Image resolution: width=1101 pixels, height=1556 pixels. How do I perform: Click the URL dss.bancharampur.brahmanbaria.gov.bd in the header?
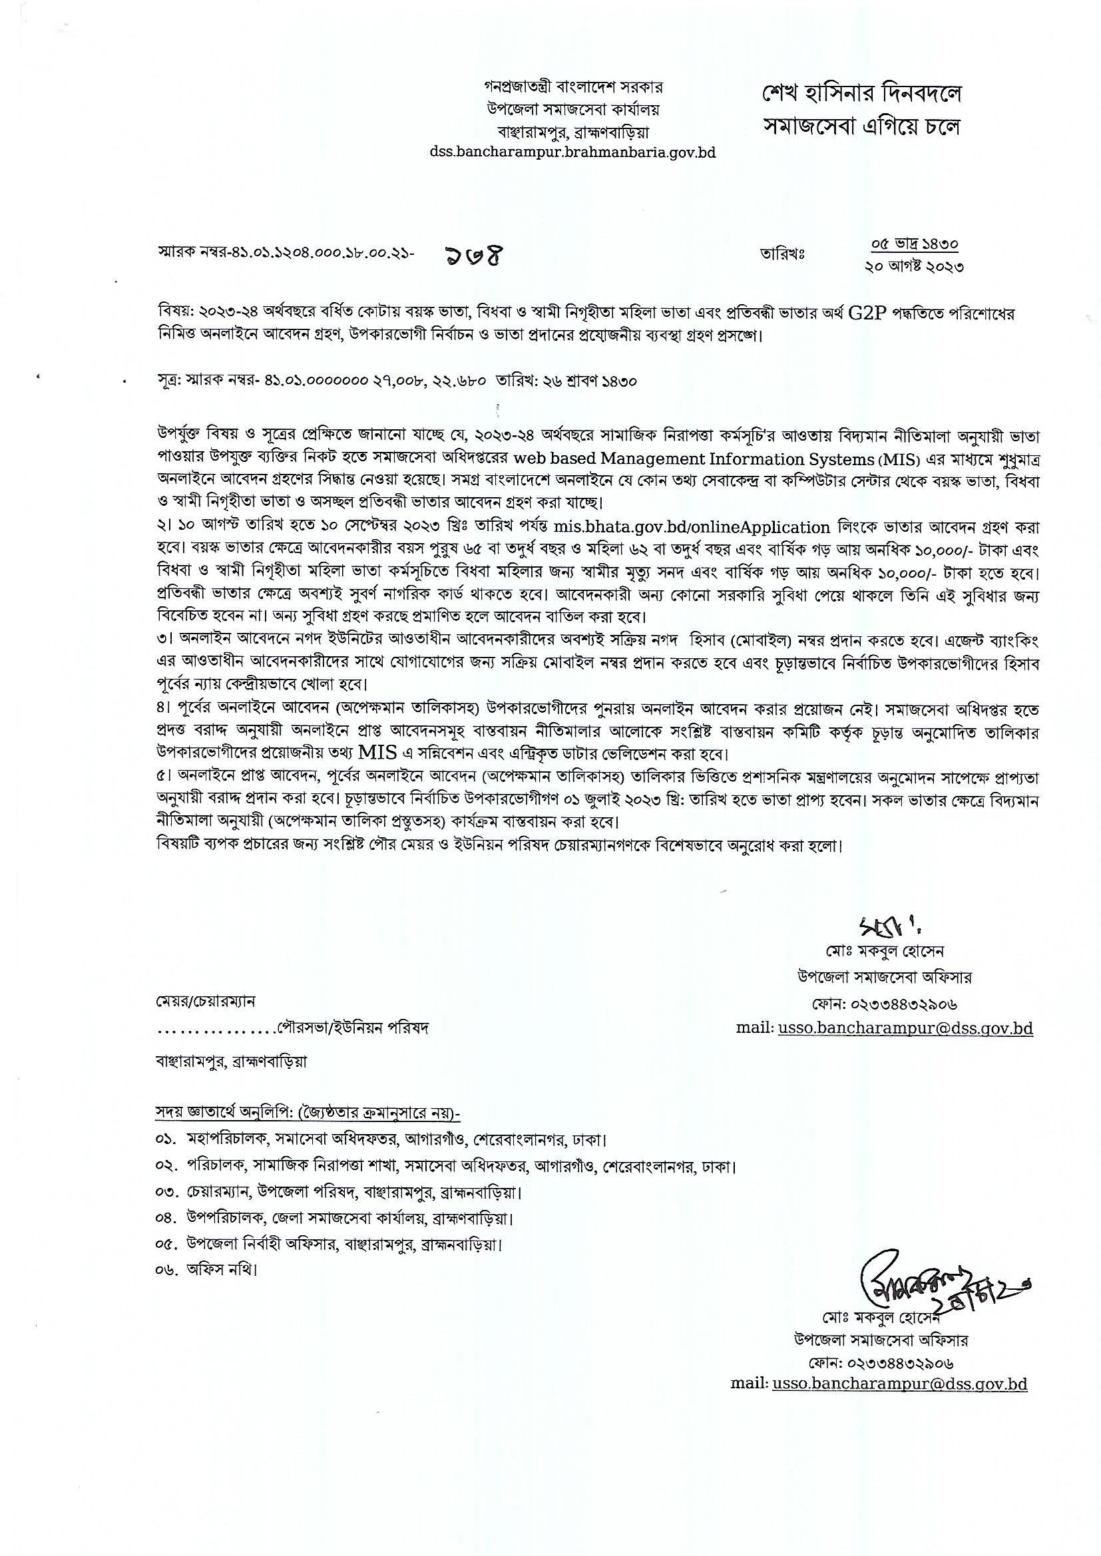point(572,152)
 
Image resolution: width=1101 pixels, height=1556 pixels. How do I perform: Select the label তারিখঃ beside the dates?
point(781,255)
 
